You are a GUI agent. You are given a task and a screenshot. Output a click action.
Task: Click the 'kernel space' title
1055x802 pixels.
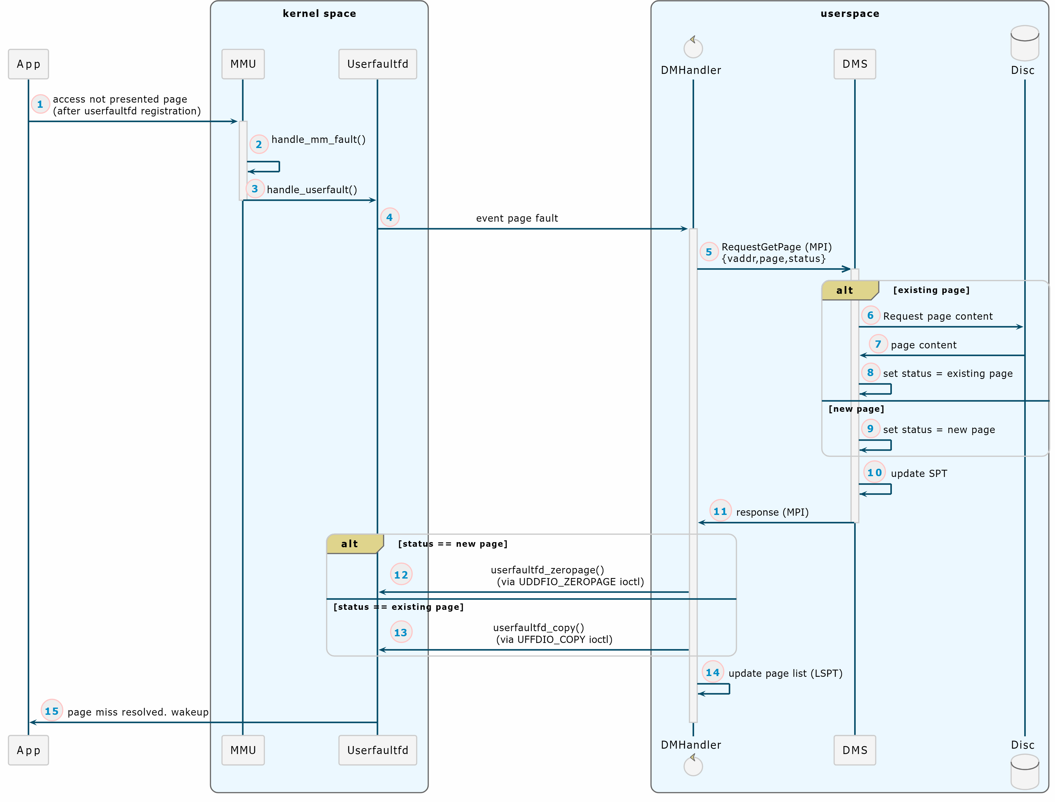coord(319,13)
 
